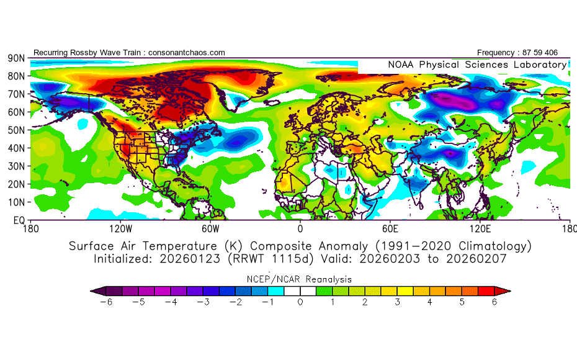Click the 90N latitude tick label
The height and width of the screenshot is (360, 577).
(16, 58)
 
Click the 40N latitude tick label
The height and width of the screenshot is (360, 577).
(16, 148)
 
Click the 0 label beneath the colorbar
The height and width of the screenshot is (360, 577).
(300, 302)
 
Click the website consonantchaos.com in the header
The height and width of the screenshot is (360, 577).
(186, 53)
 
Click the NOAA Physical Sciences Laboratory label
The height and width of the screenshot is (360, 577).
(477, 65)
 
